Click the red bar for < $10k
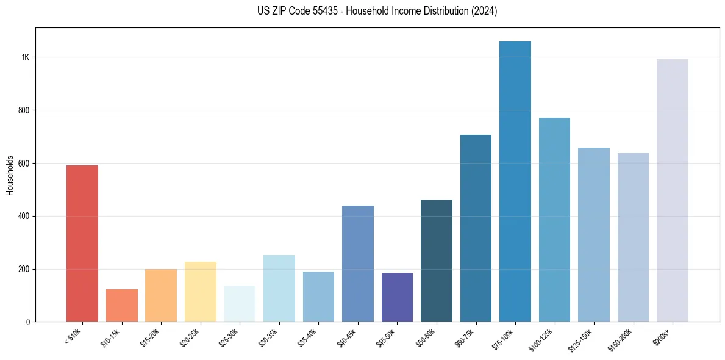[x=82, y=243]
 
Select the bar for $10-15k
[x=121, y=305]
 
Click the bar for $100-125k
[x=554, y=220]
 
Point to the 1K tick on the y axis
[x=26, y=57]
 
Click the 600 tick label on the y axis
[x=24, y=164]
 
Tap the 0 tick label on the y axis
[x=27, y=322]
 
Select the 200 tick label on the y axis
[x=24, y=269]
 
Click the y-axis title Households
[x=10, y=175]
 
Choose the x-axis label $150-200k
[x=621, y=339]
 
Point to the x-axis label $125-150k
[x=582, y=339]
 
